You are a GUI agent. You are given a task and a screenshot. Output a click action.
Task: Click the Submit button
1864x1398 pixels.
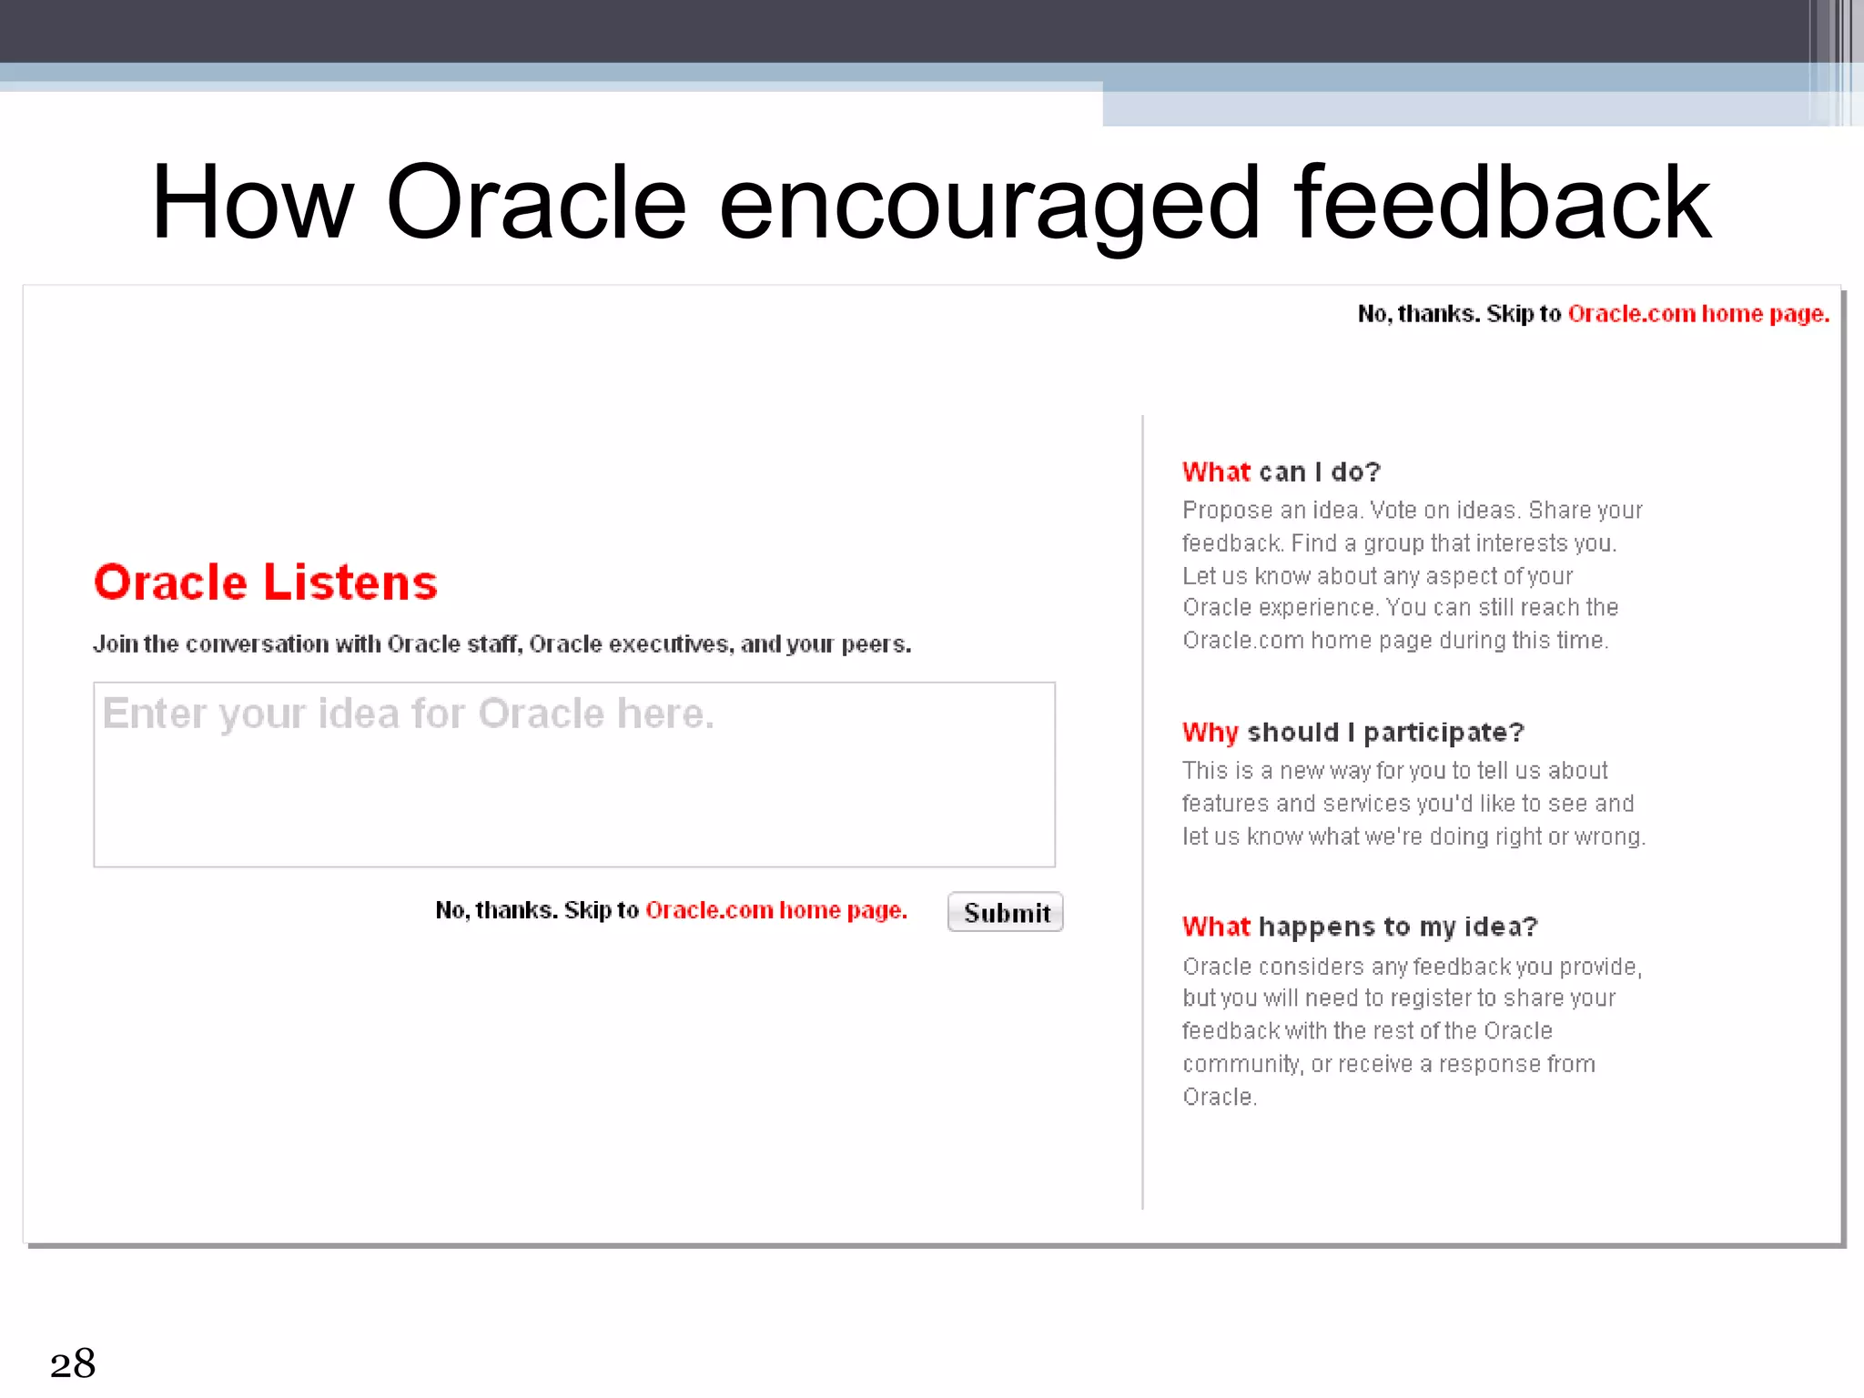(1006, 912)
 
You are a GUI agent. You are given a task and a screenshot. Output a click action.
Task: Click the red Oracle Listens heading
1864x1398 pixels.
(266, 582)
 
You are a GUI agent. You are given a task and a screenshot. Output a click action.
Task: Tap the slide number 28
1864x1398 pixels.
(73, 1363)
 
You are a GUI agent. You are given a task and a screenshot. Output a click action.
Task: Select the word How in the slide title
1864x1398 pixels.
(252, 204)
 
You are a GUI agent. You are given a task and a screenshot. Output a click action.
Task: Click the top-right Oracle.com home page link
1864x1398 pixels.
(1698, 314)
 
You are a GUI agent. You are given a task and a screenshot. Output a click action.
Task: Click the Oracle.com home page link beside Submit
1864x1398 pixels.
(776, 910)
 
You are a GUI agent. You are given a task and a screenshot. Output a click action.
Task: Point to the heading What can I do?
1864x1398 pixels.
(1281, 471)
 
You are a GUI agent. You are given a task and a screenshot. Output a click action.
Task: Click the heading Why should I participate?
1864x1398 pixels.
(1352, 732)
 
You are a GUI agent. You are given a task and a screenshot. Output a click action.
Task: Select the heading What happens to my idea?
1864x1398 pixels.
(1360, 927)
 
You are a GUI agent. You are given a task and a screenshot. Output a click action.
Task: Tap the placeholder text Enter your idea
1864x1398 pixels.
(408, 714)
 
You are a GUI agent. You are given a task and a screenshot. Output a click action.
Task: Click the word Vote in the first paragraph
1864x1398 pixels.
(1393, 510)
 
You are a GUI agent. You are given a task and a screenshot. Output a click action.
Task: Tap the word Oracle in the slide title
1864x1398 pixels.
(536, 204)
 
